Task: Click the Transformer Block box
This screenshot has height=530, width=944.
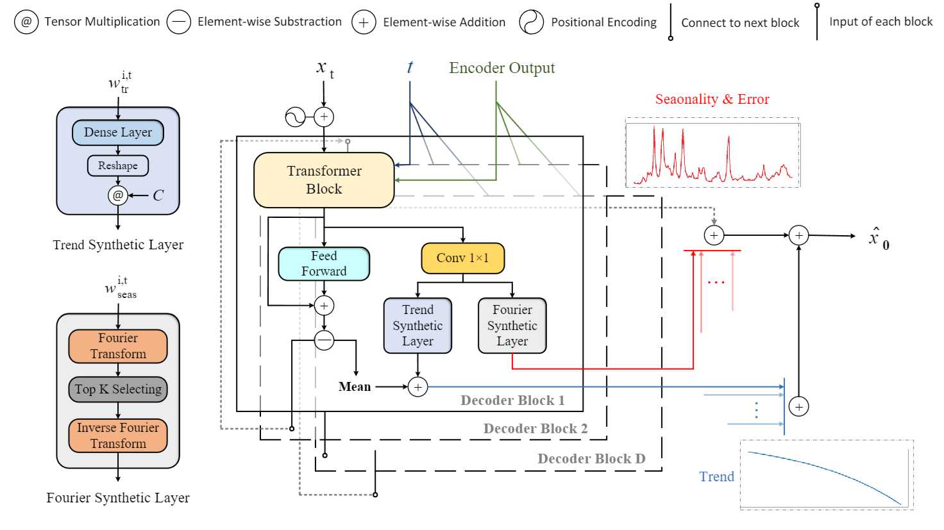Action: [x=324, y=180]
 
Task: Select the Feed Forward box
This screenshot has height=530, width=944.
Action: [x=324, y=264]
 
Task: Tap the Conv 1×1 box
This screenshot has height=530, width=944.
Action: [x=462, y=258]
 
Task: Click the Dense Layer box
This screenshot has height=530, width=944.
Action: [x=118, y=133]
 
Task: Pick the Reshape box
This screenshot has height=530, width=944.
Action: [x=118, y=165]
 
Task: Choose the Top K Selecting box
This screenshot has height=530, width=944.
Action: [x=118, y=389]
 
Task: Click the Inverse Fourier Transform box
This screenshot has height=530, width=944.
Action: [x=118, y=435]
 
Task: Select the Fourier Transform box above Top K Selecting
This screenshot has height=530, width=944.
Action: [x=118, y=346]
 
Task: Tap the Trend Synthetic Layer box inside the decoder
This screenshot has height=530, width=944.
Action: [x=417, y=326]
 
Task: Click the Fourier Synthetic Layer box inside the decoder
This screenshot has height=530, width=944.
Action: [x=512, y=326]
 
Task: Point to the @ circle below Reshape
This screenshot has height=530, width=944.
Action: [x=118, y=195]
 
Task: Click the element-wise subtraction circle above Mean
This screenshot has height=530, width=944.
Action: [x=324, y=340]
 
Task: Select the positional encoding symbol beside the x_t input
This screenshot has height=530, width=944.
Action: [x=295, y=117]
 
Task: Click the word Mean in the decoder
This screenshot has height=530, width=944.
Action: [x=355, y=387]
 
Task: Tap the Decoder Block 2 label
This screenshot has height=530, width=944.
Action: [x=535, y=429]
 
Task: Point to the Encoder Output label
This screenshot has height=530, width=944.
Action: [x=501, y=68]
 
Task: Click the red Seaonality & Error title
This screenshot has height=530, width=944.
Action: [x=712, y=99]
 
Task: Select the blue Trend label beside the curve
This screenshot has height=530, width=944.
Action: [x=716, y=477]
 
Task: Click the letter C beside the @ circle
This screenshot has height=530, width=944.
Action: [x=158, y=195]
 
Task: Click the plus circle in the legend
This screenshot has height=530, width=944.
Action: [x=364, y=22]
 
